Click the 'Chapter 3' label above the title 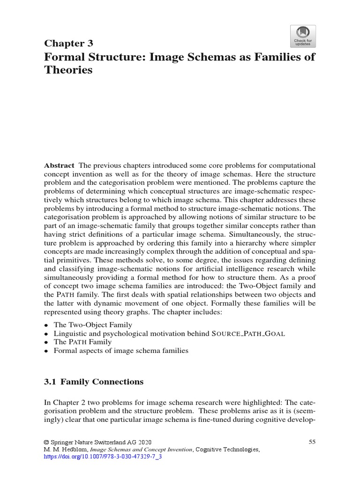click(x=68, y=44)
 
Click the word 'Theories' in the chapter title click(x=68, y=70)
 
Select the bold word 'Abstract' click(x=59, y=165)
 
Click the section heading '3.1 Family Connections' click(x=93, y=382)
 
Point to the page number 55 click(x=312, y=442)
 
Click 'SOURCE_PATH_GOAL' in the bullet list click(x=248, y=333)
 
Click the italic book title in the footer click(x=140, y=450)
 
